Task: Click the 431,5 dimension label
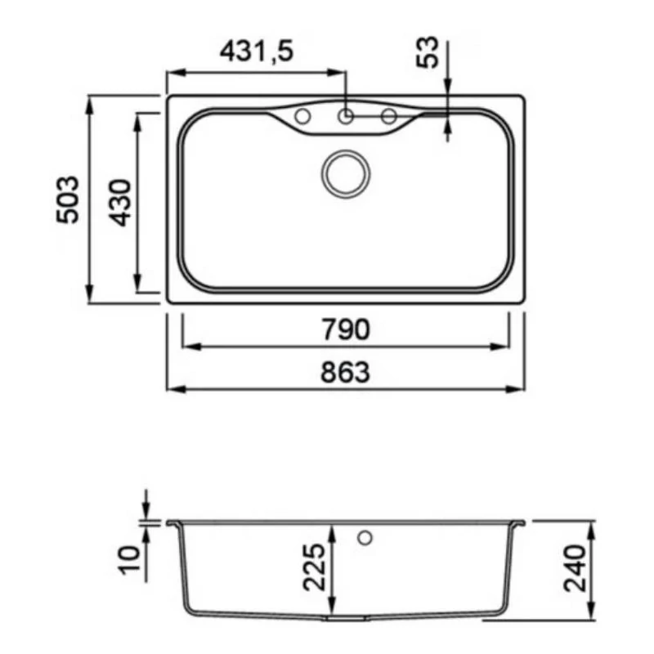pos(257,51)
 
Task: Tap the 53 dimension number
pos(428,52)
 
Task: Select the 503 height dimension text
pos(68,199)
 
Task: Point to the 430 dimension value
pos(120,203)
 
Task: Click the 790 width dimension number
pos(345,329)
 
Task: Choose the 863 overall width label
pos(345,372)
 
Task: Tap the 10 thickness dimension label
pos(130,560)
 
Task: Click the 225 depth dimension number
pos(314,567)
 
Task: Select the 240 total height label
pos(575,568)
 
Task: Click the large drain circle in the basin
pos(346,174)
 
